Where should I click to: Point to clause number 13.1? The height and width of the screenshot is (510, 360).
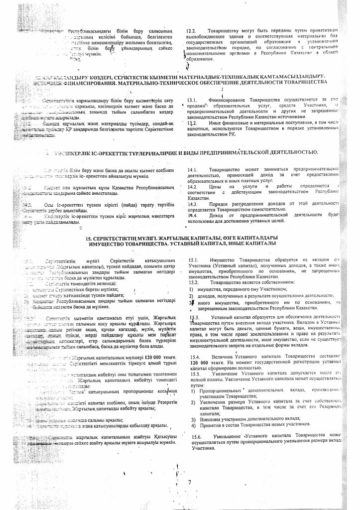[x=192, y=100]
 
